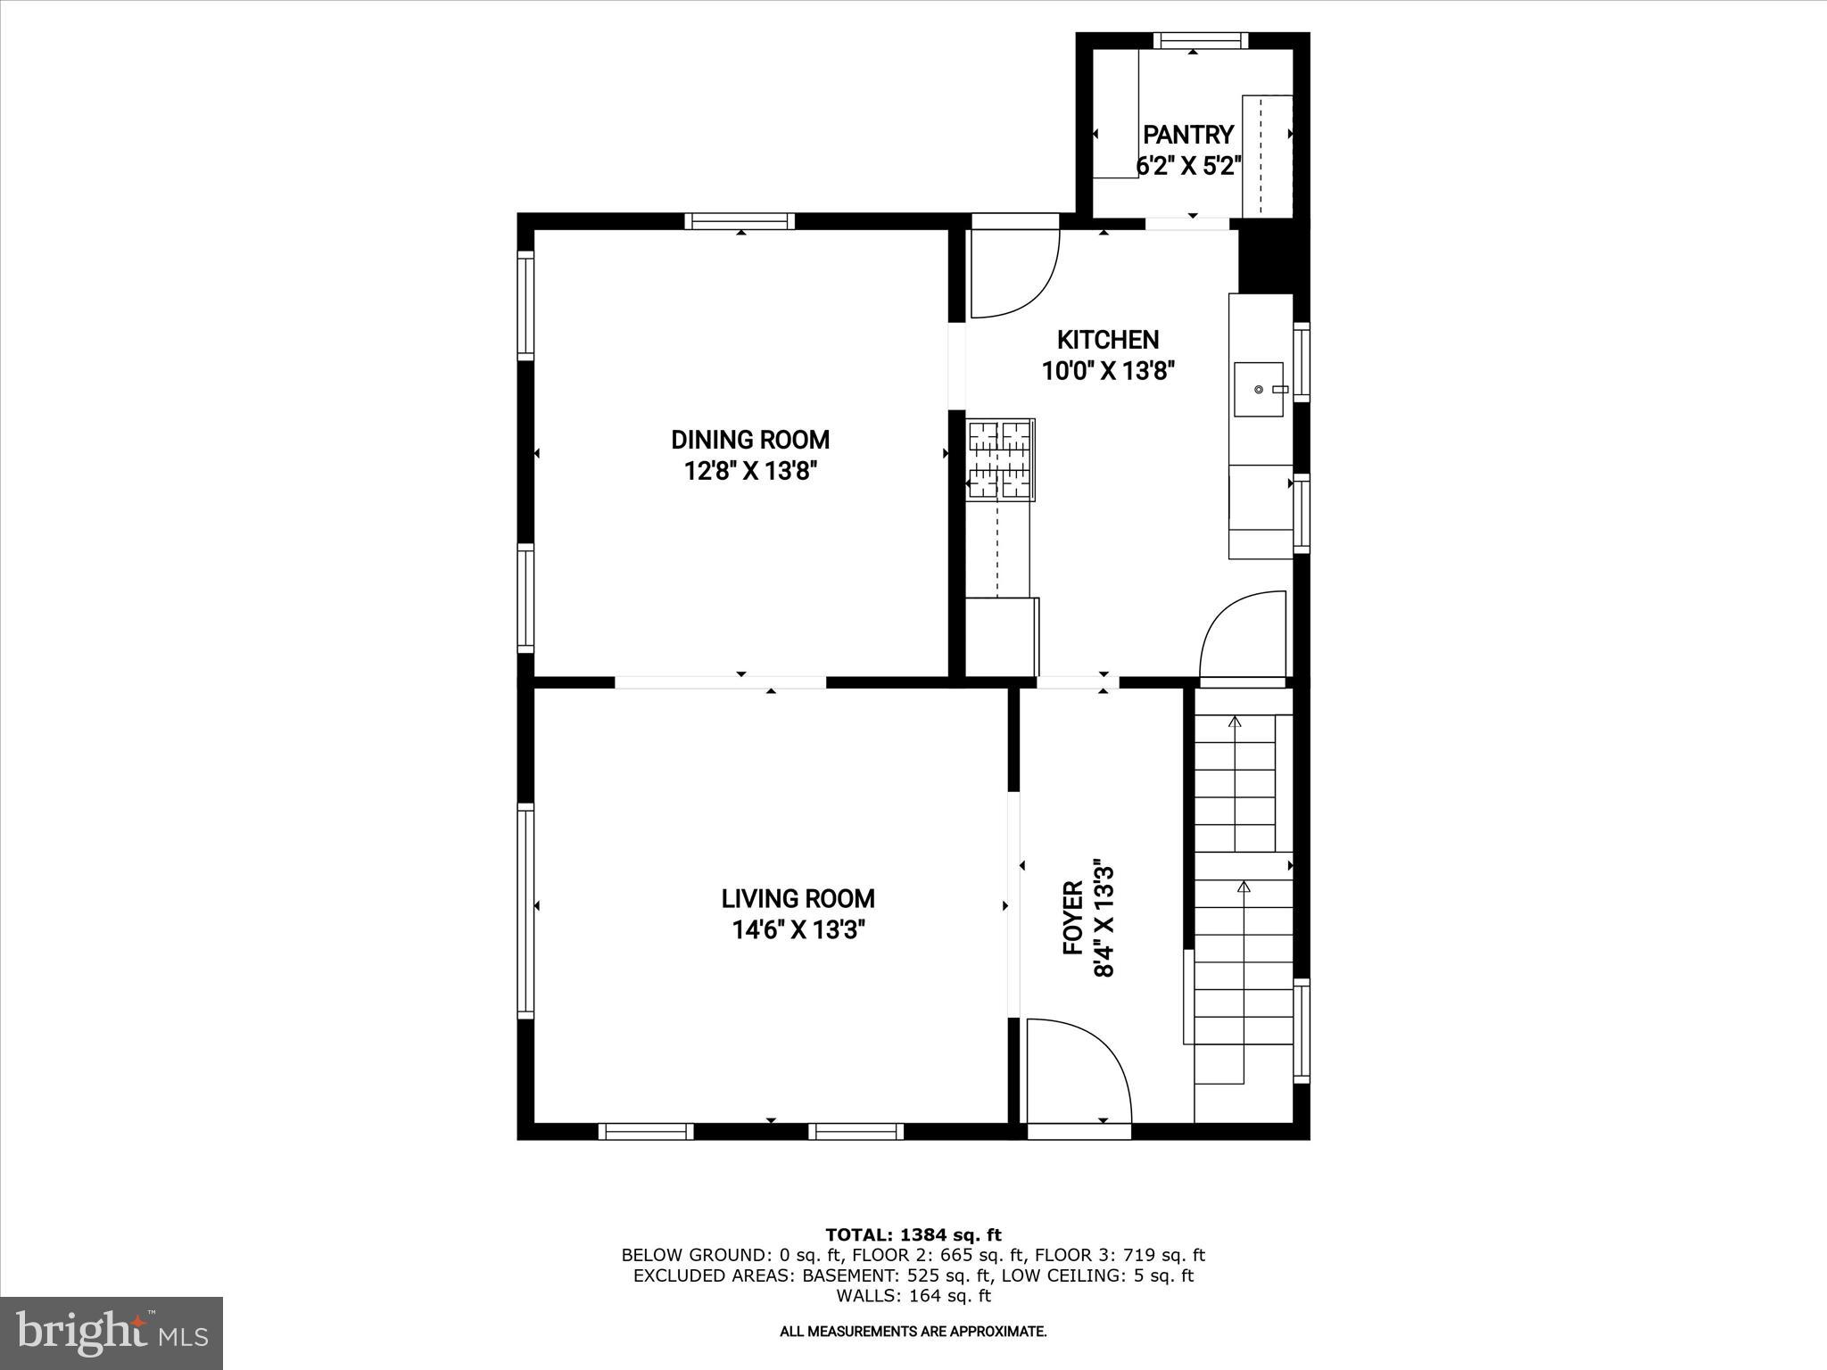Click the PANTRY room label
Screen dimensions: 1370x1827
pyautogui.click(x=1188, y=135)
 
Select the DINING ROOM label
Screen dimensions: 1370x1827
pyautogui.click(x=750, y=440)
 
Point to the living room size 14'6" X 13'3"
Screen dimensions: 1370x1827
pyautogui.click(x=798, y=930)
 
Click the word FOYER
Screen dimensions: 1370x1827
pyautogui.click(x=1073, y=918)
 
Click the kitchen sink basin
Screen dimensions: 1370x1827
pyautogui.click(x=1259, y=390)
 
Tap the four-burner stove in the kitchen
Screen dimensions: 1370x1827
pyautogui.click(x=1001, y=458)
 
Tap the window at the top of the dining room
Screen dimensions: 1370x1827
pyautogui.click(x=740, y=221)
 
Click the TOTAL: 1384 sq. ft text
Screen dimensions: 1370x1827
pyautogui.click(x=913, y=1235)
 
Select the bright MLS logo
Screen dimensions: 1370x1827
pyautogui.click(x=112, y=1333)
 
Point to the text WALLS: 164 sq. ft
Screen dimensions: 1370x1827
pyautogui.click(x=913, y=1296)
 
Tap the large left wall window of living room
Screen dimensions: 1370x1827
pyautogui.click(x=526, y=911)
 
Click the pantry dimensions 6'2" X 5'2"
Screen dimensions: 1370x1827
pyautogui.click(x=1188, y=166)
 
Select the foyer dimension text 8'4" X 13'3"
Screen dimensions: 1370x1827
pyautogui.click(x=1104, y=919)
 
